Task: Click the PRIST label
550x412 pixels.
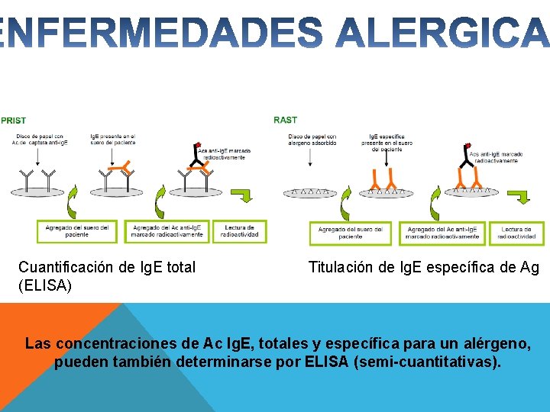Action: click(13, 120)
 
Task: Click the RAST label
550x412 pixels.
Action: click(286, 120)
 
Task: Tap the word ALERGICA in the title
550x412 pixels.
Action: click(443, 34)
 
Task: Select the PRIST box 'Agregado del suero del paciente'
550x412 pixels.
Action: click(77, 231)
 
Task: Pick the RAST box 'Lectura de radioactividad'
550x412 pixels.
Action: click(517, 233)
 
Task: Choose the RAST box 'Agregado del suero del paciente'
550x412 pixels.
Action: click(350, 233)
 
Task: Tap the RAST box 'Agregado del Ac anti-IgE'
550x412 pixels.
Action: click(442, 233)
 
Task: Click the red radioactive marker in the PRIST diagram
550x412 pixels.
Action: click(199, 145)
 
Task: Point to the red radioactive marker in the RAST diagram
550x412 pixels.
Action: click(467, 144)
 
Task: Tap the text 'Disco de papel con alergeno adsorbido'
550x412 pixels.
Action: click(312, 140)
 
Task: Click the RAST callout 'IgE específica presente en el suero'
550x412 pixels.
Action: click(387, 143)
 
